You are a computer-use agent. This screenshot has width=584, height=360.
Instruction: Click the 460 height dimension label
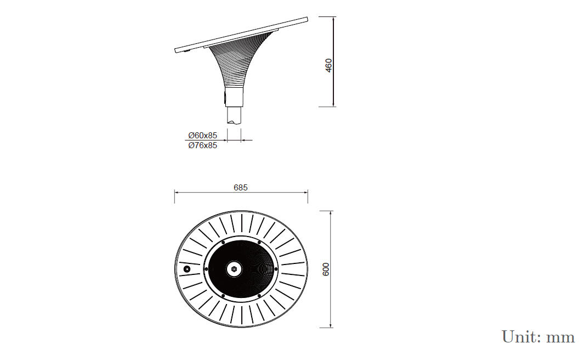pyautogui.click(x=328, y=66)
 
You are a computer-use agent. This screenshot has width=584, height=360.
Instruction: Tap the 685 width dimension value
pyautogui.click(x=241, y=188)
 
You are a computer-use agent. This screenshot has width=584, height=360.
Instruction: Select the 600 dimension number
pyautogui.click(x=326, y=269)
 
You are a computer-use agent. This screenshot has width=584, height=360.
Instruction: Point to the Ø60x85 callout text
pyautogui.click(x=202, y=136)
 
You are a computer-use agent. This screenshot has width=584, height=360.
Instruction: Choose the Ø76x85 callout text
pyautogui.click(x=202, y=145)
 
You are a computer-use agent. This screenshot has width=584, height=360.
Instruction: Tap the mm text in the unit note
pyautogui.click(x=560, y=339)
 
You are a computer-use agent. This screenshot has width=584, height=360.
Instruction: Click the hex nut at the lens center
pyautogui.click(x=234, y=269)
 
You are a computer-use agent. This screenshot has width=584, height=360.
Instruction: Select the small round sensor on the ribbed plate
pyautogui.click(x=187, y=269)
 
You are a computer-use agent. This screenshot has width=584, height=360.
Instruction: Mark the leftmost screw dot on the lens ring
pyautogui.click(x=206, y=269)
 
